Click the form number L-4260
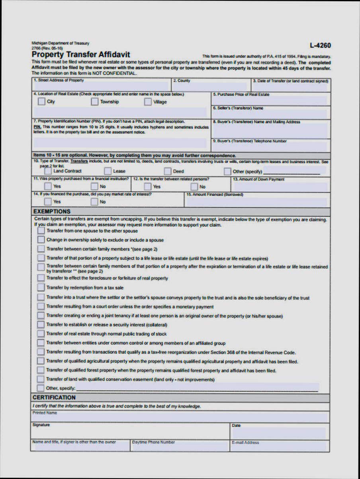(x=320, y=46)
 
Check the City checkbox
(x=41, y=102)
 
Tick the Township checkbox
(x=94, y=102)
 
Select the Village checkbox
(x=148, y=102)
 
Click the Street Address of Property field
(x=102, y=86)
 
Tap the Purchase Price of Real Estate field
(x=270, y=101)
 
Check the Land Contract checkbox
(x=48, y=171)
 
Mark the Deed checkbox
(x=167, y=171)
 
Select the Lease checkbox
(x=108, y=171)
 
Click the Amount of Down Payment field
(x=280, y=186)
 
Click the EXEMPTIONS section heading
(x=52, y=211)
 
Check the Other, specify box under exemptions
(x=41, y=388)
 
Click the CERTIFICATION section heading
(x=54, y=397)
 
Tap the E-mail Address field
(x=280, y=447)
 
